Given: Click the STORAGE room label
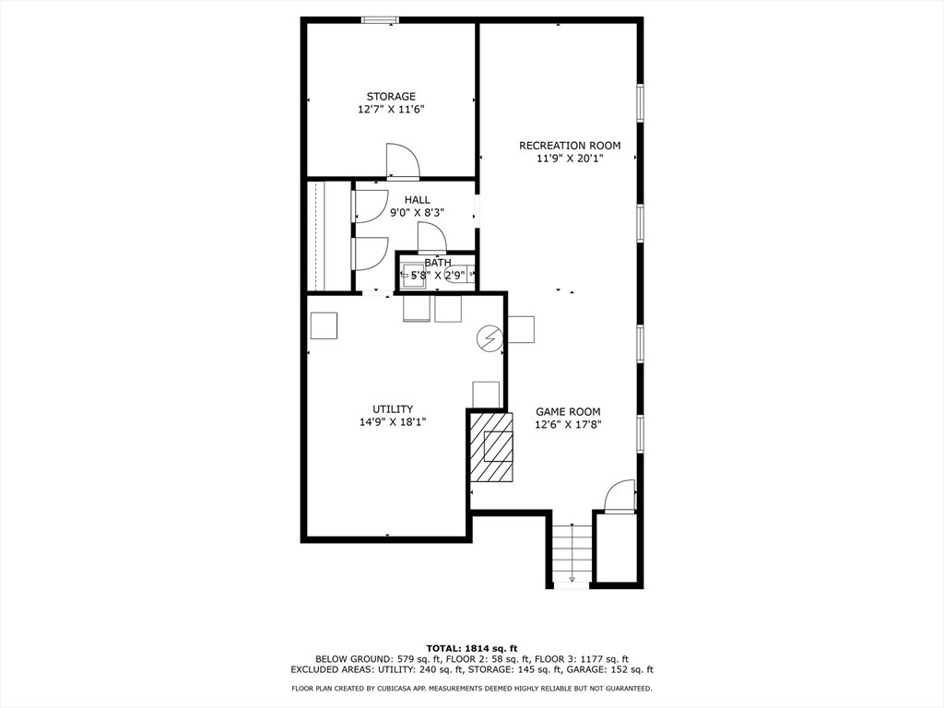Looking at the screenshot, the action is click(x=391, y=96).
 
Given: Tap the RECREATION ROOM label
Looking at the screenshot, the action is click(x=570, y=145).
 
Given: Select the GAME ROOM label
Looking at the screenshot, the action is click(x=568, y=412).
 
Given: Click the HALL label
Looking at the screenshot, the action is click(x=418, y=200).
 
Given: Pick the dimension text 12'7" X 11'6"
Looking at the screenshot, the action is click(x=391, y=110).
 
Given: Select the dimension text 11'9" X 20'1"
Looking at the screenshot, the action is click(x=570, y=159).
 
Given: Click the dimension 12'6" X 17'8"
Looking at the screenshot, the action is click(x=568, y=424).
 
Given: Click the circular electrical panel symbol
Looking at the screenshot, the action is click(x=489, y=338).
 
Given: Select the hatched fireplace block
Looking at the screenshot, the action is click(x=491, y=446).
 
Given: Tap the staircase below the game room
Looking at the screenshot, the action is click(x=572, y=554).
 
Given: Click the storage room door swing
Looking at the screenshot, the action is click(x=402, y=161).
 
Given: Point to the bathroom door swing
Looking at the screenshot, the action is click(x=431, y=237).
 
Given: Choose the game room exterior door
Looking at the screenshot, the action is click(x=620, y=496).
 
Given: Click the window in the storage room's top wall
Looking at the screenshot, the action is click(x=380, y=20).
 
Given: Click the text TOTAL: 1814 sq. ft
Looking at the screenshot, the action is click(x=472, y=648).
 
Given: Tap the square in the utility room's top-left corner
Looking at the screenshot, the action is click(x=324, y=325).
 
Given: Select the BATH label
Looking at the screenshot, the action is click(x=438, y=263).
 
